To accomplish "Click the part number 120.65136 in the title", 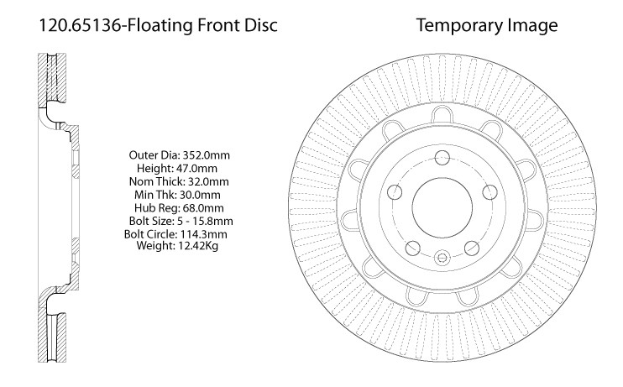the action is tap(80, 25).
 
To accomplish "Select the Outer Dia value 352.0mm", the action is tap(206, 155).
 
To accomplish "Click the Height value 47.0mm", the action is tap(196, 168).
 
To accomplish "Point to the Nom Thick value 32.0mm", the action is tap(208, 181).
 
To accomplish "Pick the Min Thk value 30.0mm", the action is tap(200, 195).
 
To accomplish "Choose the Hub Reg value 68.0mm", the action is tap(203, 208).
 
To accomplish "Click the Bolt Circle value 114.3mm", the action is tap(204, 234).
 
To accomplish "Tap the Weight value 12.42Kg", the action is tap(198, 246).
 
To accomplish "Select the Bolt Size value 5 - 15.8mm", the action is tap(205, 221).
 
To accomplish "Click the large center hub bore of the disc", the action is tap(442, 207).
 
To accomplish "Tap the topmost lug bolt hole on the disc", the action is tap(442, 157).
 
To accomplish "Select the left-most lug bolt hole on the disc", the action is tap(395, 192).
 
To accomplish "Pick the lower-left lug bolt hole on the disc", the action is tap(413, 248).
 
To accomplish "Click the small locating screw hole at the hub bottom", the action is tap(442, 258).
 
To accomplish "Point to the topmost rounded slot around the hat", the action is tap(442, 114).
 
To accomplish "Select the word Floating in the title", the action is tap(160, 26).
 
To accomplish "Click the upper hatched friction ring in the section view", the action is tap(52, 80).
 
